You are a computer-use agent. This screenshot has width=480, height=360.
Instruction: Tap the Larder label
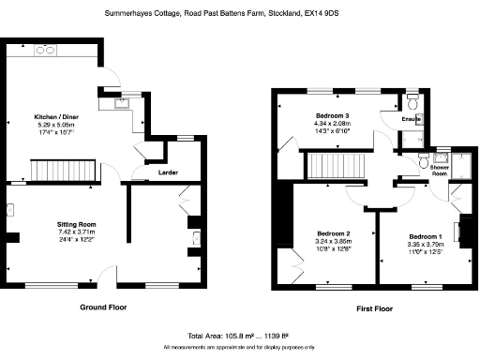click(x=170, y=172)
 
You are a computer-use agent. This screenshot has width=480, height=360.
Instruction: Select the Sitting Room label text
click(x=76, y=225)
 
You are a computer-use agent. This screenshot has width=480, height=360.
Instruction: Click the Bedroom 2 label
click(x=333, y=232)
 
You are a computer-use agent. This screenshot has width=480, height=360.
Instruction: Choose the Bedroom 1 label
click(x=425, y=235)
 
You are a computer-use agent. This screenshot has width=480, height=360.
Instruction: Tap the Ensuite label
click(x=411, y=120)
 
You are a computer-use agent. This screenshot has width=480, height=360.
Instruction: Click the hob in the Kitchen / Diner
click(x=45, y=53)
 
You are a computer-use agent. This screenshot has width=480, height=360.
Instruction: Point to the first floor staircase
click(x=336, y=168)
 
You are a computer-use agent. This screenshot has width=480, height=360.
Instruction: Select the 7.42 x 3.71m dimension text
click(x=76, y=232)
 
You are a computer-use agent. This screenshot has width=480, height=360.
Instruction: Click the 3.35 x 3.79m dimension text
click(x=425, y=243)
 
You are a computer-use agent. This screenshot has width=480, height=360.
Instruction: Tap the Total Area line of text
click(x=240, y=335)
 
